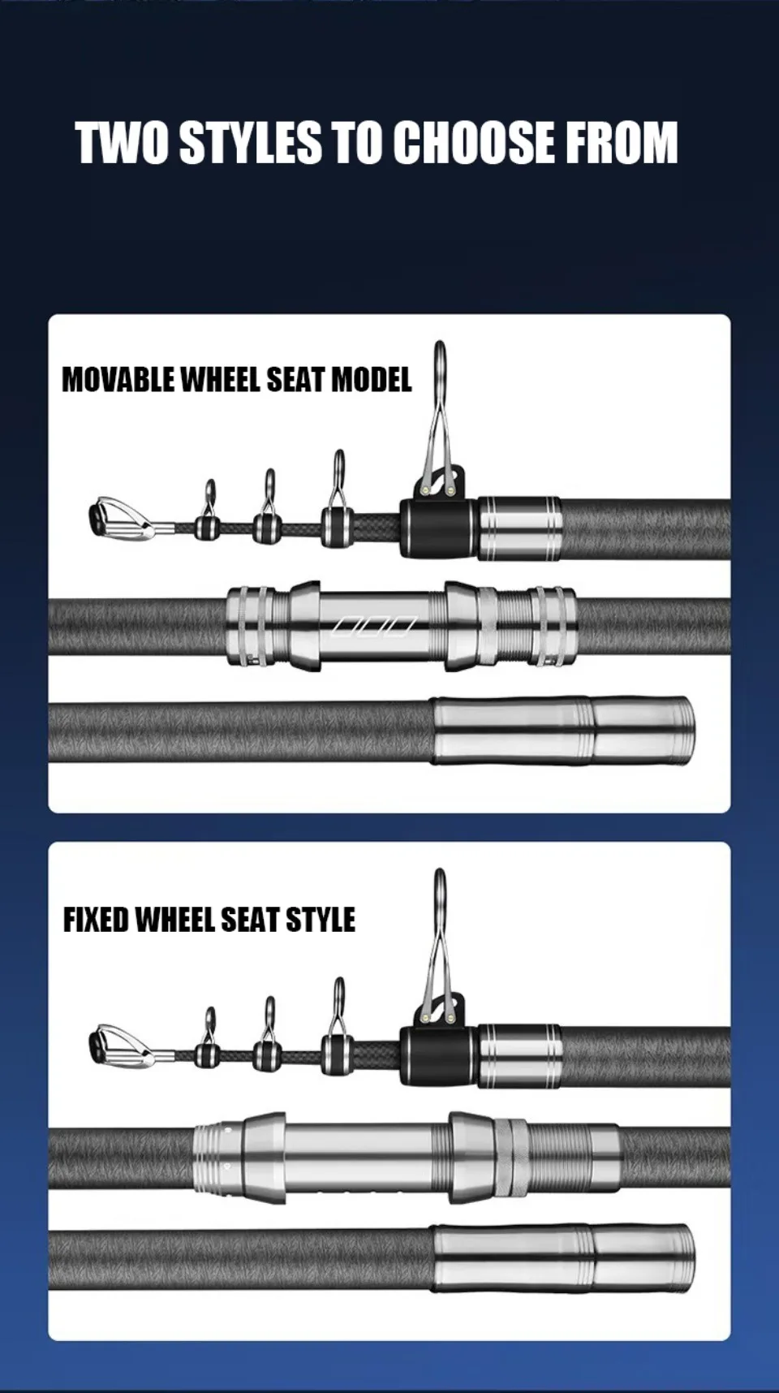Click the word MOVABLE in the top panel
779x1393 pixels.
116,379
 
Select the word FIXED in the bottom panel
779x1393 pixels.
96,920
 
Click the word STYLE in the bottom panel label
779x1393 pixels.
322,920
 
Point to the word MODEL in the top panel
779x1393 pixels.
372,379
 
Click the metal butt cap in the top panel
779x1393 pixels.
565,731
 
